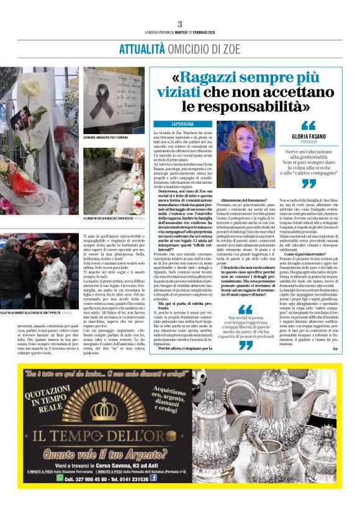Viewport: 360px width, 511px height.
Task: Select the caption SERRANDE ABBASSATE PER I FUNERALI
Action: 106,137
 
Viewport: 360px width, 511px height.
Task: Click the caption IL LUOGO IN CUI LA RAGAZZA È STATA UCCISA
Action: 110,219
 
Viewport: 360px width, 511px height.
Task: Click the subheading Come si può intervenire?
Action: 308,254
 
